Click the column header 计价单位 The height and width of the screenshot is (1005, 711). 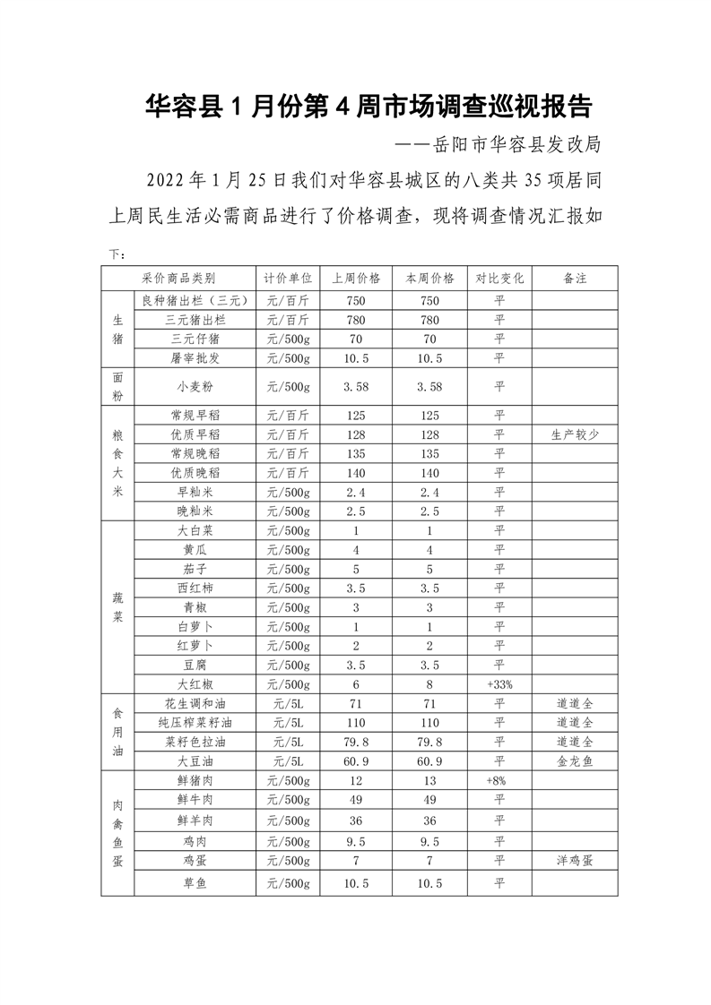288,279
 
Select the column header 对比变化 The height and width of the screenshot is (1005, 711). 499,279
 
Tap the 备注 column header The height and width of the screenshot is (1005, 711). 575,279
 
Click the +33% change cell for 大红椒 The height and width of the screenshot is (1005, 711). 499,683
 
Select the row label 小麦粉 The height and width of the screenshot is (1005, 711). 195,387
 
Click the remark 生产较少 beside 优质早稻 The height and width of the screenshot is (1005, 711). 575,434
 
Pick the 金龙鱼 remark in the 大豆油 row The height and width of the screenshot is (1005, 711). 575,760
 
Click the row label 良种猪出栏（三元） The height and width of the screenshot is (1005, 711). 195,300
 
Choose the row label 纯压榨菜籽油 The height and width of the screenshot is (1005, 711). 195,722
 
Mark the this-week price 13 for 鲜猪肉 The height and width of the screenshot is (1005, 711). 429,780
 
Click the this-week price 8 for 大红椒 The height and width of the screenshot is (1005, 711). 429,683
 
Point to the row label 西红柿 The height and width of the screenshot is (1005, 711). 195,588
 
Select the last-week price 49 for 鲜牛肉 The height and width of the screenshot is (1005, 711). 356,799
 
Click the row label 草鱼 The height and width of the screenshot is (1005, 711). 195,883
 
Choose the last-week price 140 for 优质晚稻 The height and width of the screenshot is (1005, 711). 356,472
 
